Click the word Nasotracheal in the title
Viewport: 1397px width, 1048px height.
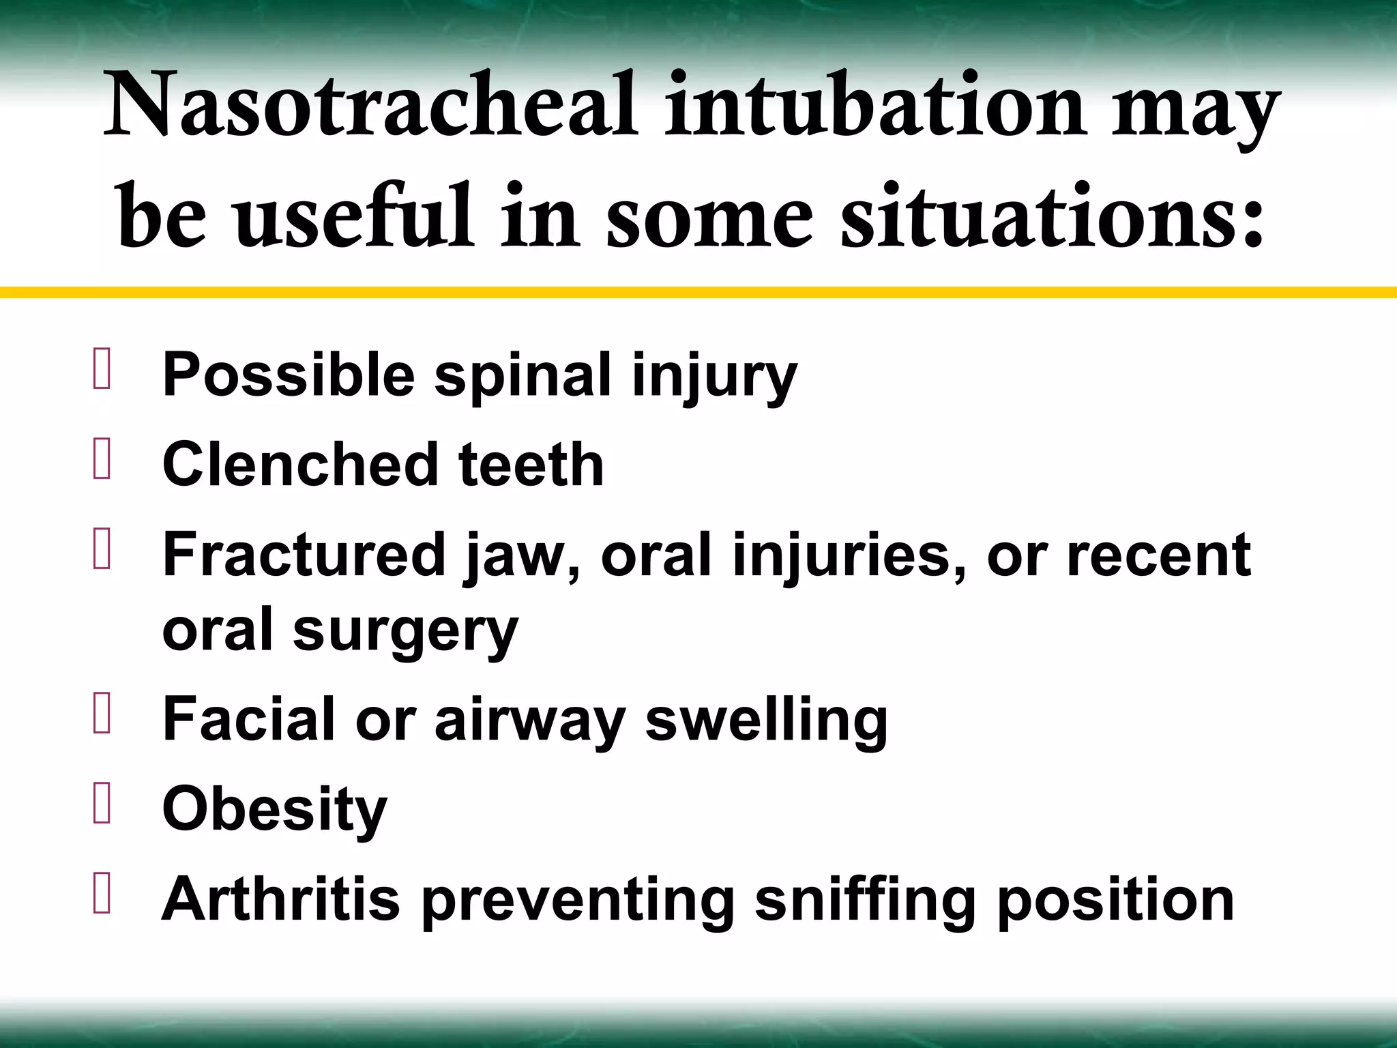(x=371, y=106)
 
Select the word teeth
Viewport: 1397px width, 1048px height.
(x=531, y=465)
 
